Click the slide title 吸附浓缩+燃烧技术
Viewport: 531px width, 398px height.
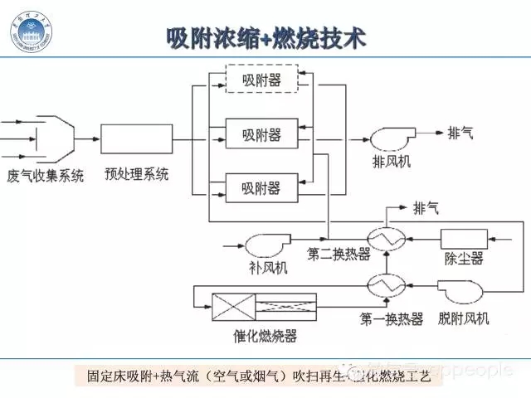click(x=265, y=39)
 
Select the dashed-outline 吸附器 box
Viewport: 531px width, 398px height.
click(x=261, y=81)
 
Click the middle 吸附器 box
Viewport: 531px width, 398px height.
click(x=261, y=133)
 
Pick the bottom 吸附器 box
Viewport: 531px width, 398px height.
click(x=261, y=184)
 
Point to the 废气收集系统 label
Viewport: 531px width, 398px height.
click(x=45, y=177)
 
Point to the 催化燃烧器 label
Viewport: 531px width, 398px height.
click(x=265, y=336)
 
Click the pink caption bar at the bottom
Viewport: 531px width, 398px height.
click(x=265, y=375)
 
